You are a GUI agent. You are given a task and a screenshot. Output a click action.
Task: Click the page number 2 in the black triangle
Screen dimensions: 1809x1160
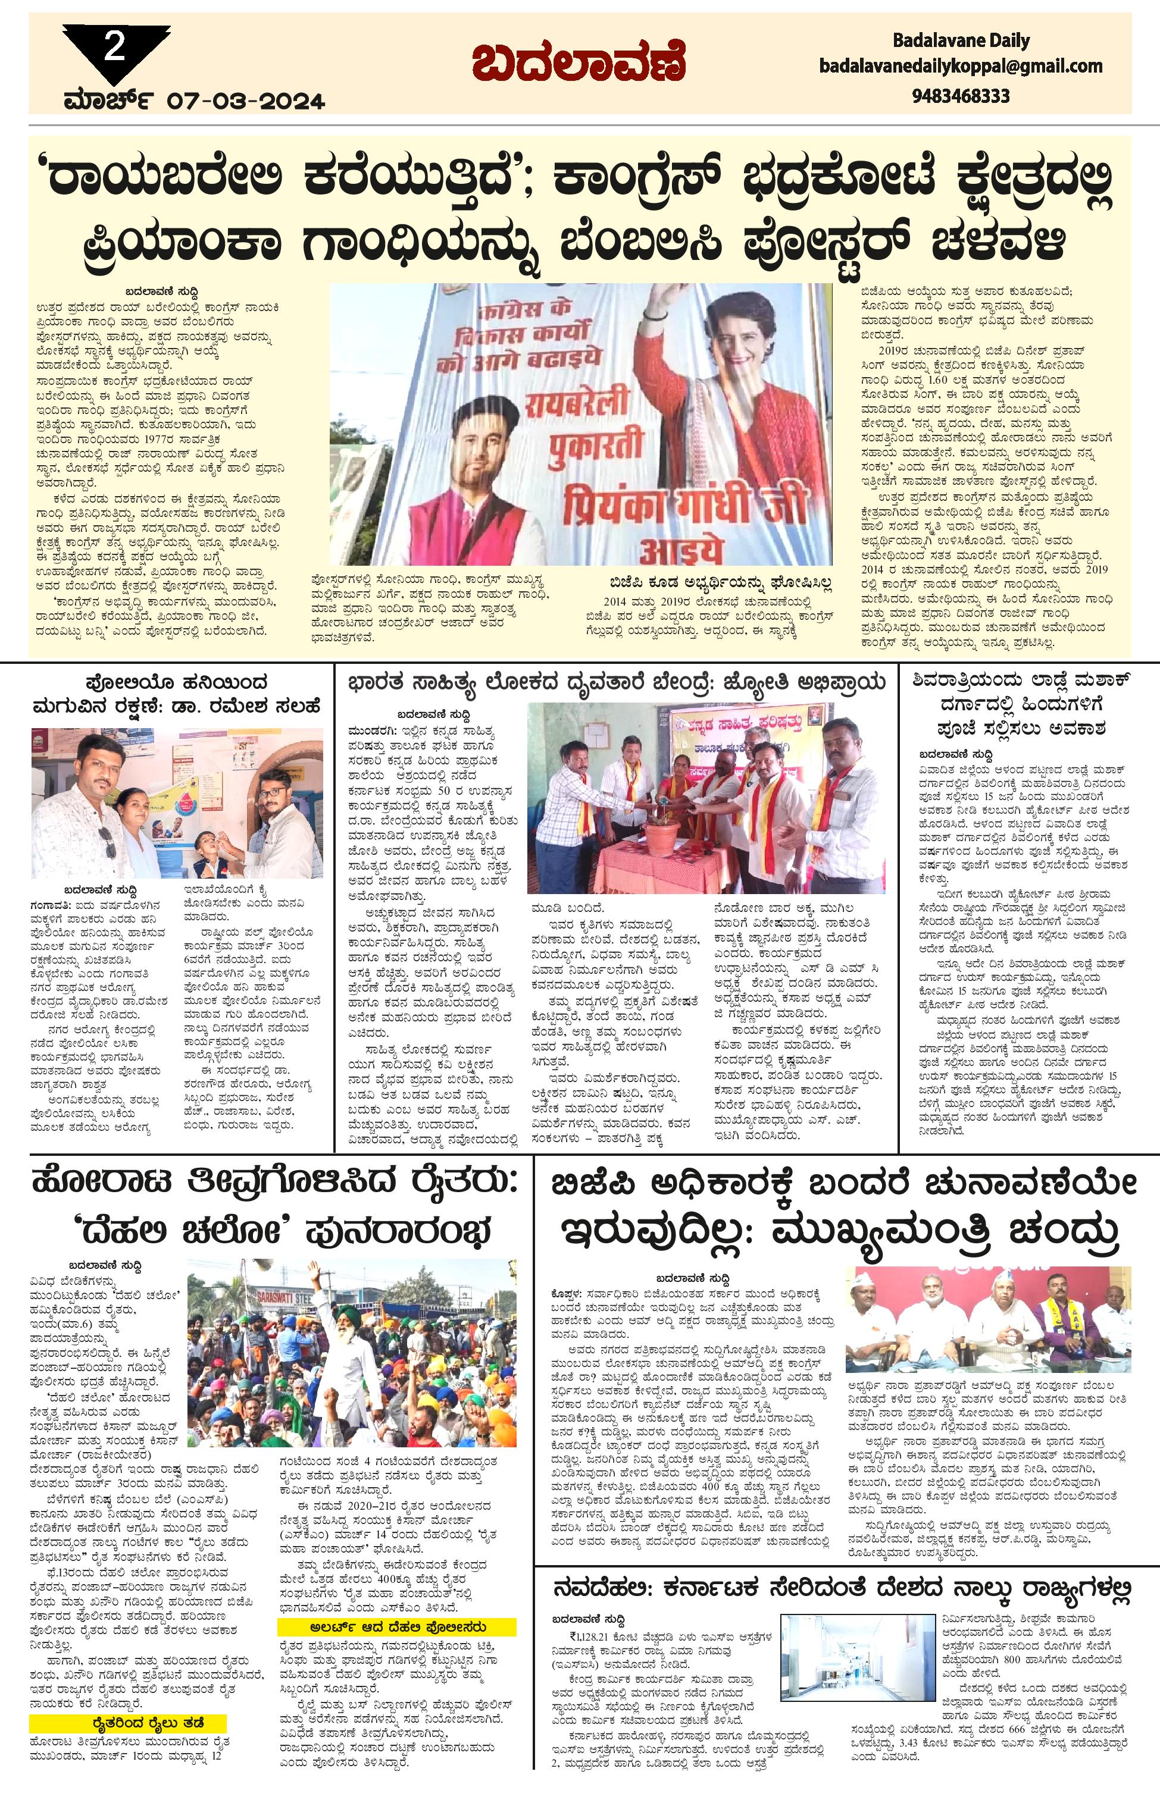click(x=114, y=49)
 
